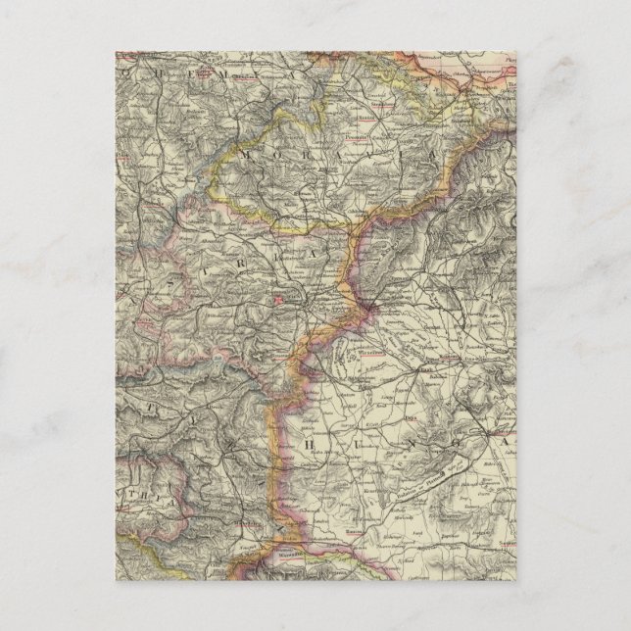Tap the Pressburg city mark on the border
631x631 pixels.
[x=373, y=311]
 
